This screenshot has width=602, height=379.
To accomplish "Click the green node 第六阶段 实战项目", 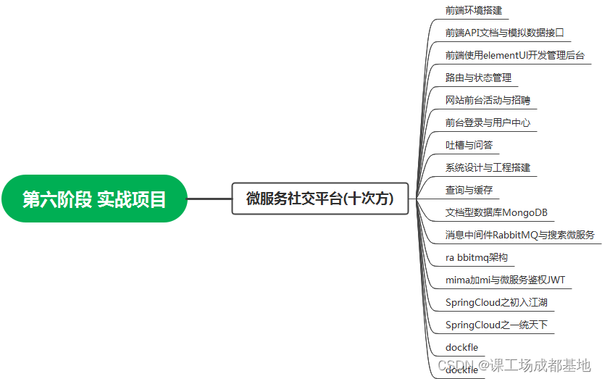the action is [94, 199].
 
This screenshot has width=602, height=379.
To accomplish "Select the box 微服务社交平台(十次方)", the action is [319, 199].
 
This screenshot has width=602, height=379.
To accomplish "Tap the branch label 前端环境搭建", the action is [473, 10].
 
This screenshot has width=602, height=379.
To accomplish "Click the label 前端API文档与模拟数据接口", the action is [504, 33].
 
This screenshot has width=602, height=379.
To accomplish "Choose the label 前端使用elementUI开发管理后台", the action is [514, 55].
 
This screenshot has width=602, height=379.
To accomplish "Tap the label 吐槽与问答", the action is [469, 145].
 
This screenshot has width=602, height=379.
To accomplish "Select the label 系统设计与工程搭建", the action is [488, 167].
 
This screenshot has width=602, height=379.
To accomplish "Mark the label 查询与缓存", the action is [469, 190].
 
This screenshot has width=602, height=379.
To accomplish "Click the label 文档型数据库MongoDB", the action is [496, 212].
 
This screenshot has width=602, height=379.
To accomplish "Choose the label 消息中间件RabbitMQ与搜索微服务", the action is [520, 235].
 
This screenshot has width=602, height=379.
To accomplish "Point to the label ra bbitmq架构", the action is [476, 257].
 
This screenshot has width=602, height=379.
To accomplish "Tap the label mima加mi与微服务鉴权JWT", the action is [505, 280].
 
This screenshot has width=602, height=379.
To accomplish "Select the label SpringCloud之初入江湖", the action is [501, 302].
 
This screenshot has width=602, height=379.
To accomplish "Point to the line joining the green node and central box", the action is [209, 199].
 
